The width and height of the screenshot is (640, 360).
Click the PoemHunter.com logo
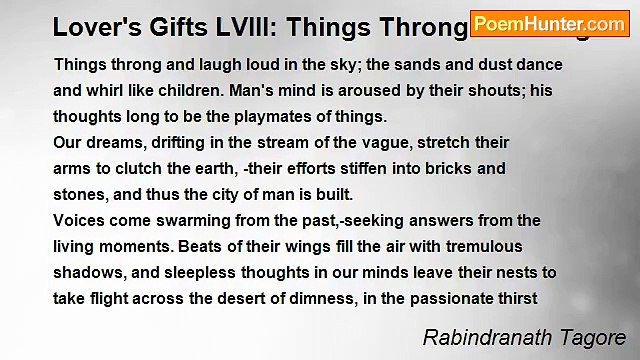click(x=549, y=24)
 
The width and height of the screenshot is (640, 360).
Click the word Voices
click(x=79, y=221)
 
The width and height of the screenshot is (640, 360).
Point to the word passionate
click(x=443, y=299)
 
